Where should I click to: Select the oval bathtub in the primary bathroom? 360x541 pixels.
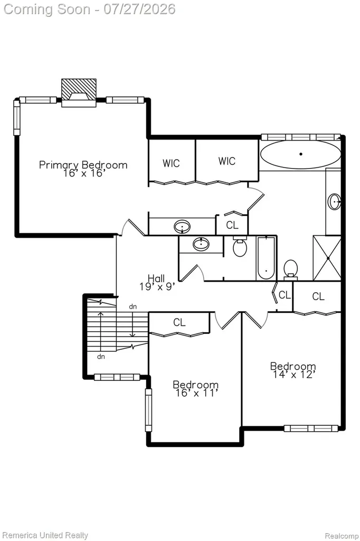[x=300, y=155]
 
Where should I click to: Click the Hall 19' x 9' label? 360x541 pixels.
[x=157, y=282]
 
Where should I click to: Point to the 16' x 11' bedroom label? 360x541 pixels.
[x=195, y=388]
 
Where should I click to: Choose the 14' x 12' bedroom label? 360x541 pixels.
[x=293, y=370]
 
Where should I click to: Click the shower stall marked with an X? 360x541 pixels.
[x=327, y=258]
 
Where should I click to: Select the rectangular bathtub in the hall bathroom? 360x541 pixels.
[x=266, y=258]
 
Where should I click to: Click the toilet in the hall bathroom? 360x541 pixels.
[x=240, y=246]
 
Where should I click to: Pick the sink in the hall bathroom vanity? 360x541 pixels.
[x=201, y=244]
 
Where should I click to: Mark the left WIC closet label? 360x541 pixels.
[x=171, y=163]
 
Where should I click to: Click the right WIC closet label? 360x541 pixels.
[x=227, y=161]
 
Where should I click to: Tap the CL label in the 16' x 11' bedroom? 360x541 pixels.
[x=179, y=322]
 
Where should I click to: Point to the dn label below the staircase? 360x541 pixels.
[x=101, y=357]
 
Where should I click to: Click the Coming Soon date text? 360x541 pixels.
[x=89, y=9]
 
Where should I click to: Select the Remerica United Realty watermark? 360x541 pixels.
[x=45, y=536]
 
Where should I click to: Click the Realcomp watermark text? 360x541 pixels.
[x=342, y=536]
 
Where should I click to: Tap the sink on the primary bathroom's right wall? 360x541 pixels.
[x=335, y=201]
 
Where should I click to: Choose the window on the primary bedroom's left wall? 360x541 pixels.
[x=17, y=118]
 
